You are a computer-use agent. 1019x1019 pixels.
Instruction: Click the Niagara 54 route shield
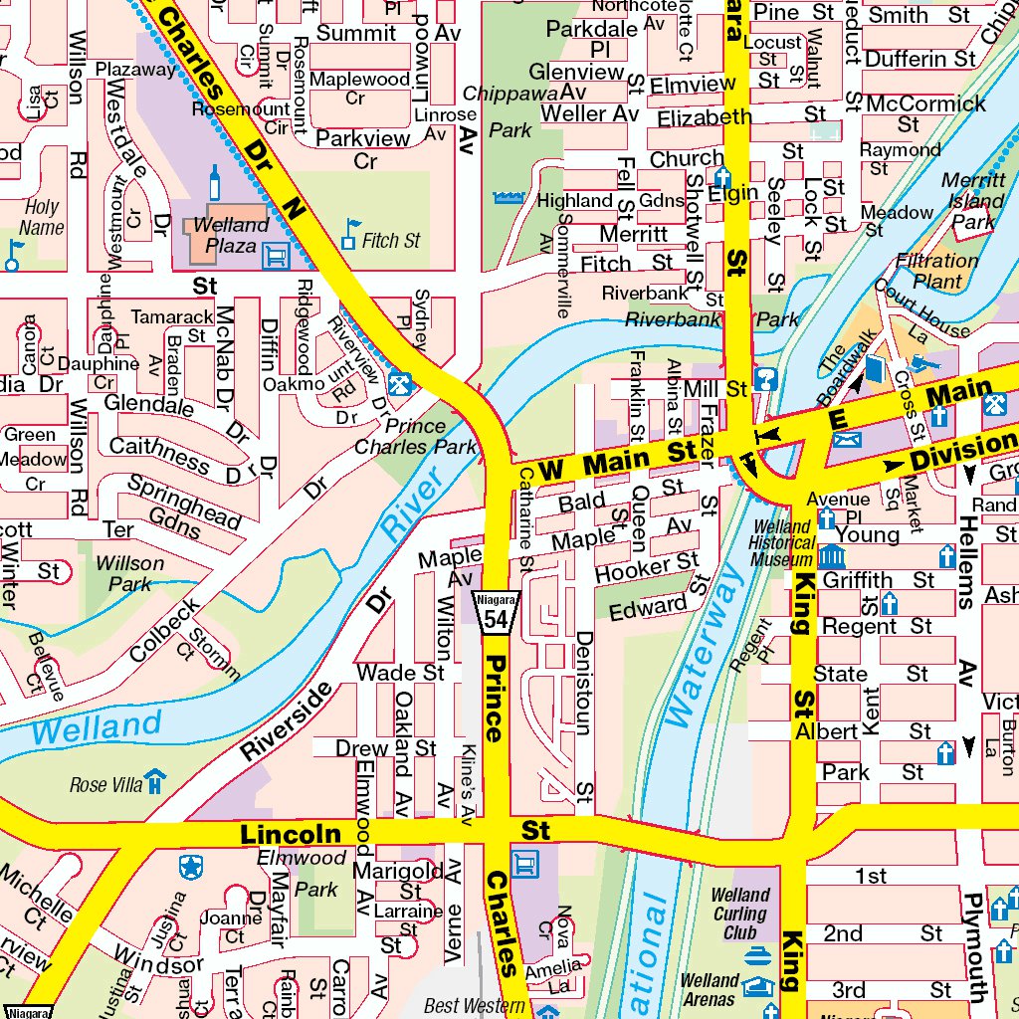(496, 610)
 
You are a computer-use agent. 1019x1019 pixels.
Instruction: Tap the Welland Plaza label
(231, 235)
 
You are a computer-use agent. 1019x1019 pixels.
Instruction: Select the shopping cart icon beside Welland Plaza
(276, 257)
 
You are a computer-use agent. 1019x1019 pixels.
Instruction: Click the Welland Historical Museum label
(782, 544)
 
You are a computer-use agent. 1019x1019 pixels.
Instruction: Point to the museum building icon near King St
(830, 557)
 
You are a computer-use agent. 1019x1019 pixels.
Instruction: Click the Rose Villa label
(106, 785)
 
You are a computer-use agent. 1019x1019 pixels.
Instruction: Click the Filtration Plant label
(936, 271)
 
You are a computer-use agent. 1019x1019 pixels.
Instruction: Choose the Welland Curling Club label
(739, 914)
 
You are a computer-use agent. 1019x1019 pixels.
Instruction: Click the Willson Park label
(129, 573)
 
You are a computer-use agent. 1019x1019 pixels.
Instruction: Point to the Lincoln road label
(291, 834)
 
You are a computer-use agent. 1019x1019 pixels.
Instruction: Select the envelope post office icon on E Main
(846, 438)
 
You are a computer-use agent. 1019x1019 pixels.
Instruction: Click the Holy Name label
(42, 217)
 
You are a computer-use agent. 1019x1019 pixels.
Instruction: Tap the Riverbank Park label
(712, 319)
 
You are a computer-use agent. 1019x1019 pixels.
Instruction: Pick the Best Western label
(474, 1006)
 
